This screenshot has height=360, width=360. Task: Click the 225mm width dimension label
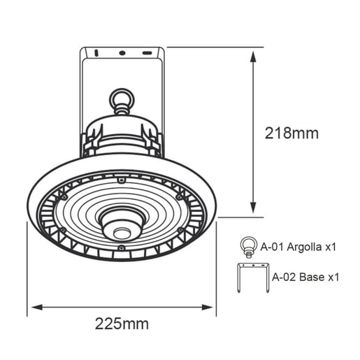click(x=122, y=324)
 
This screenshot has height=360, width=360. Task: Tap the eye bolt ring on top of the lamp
click(x=121, y=96)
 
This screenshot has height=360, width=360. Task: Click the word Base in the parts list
click(x=311, y=277)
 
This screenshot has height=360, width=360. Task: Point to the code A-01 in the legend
click(x=272, y=247)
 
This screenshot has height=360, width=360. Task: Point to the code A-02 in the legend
click(x=283, y=277)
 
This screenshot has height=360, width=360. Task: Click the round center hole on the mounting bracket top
click(x=121, y=52)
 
